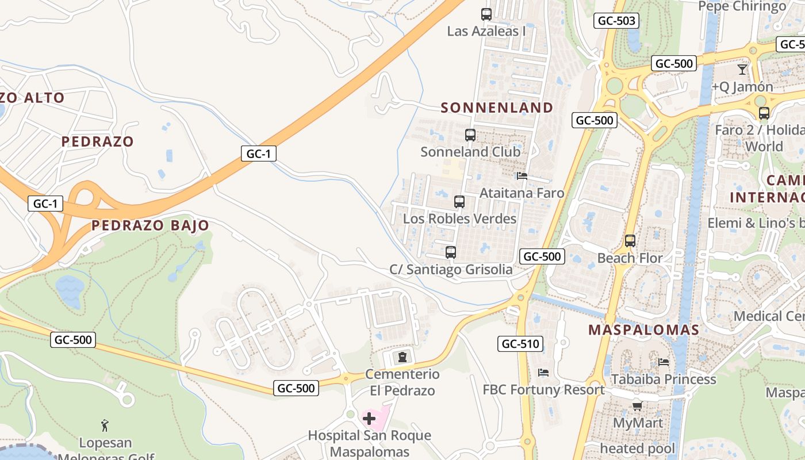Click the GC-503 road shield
coord(617,21)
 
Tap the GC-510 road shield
coord(520,344)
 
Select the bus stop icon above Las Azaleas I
coord(486,14)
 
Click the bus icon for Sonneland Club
coord(470,135)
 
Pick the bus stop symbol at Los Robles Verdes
coord(459,202)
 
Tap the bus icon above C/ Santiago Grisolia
coord(451,252)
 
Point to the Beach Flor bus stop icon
coord(630,241)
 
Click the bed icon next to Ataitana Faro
coord(522,176)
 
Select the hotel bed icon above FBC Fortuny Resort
coord(543,373)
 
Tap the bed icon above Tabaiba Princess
coord(664,362)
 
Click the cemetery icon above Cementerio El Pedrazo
coord(402,357)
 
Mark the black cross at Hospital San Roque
coord(369,418)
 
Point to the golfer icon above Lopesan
coord(105,425)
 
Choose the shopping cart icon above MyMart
coord(637,407)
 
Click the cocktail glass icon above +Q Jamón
coord(742,70)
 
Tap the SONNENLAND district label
coord(497,108)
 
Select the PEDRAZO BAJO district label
coord(150,225)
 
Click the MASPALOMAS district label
coord(643,330)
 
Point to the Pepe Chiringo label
coord(742,6)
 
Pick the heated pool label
coord(638,448)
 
